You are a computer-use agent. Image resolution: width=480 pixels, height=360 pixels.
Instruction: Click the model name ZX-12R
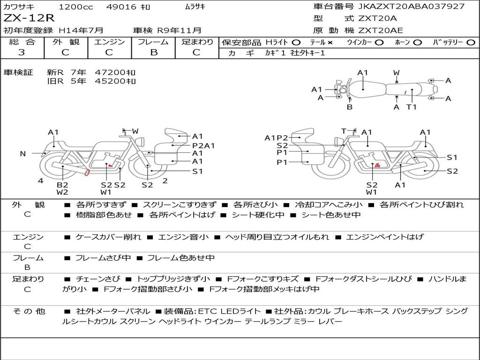(29, 18)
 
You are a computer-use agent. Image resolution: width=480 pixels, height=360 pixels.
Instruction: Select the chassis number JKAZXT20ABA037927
(411, 7)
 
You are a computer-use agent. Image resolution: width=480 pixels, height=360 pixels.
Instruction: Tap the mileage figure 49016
(121, 7)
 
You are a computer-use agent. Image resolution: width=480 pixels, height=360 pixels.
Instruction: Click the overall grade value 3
(22, 52)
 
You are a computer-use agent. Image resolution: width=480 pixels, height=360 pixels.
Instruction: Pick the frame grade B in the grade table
(154, 52)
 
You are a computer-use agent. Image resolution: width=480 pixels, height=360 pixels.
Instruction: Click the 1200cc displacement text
(75, 7)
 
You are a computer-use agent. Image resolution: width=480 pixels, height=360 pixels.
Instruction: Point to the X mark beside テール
(330, 43)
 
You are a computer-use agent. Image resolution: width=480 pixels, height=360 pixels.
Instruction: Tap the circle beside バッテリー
(471, 43)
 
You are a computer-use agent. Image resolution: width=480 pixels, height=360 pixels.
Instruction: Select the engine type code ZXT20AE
(381, 30)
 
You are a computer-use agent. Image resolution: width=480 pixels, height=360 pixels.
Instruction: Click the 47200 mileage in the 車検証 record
(111, 73)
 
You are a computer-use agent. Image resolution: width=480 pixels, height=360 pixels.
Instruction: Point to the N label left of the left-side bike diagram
(22, 153)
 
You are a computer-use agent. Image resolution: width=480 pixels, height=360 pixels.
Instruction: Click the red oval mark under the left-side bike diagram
(87, 173)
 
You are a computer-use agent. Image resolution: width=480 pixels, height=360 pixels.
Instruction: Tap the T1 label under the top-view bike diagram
(412, 107)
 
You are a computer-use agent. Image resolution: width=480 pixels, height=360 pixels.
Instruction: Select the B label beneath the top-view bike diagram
(350, 107)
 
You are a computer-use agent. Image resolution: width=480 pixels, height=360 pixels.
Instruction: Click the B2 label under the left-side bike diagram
(62, 185)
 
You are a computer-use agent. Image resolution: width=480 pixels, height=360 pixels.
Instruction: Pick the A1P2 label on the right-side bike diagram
(277, 138)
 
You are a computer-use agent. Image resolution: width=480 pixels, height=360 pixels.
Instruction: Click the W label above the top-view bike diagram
(397, 73)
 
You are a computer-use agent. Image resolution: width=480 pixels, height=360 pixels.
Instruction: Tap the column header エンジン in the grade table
(110, 42)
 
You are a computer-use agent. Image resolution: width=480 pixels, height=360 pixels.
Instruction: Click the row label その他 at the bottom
(29, 311)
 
